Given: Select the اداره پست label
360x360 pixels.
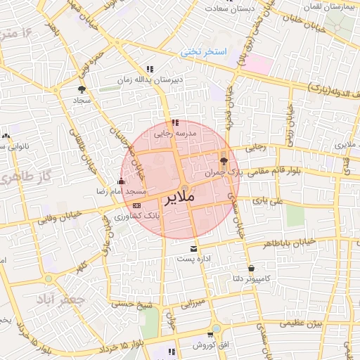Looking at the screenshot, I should click(193, 259).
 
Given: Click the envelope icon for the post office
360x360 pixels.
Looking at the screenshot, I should click(193, 248).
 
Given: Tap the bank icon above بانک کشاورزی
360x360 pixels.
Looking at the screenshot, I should click(136, 205).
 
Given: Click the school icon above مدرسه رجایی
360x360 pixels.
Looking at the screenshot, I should click(175, 122).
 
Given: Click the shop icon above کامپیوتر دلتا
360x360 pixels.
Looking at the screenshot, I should click(251, 268).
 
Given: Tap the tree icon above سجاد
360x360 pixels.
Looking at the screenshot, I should click(82, 90).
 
